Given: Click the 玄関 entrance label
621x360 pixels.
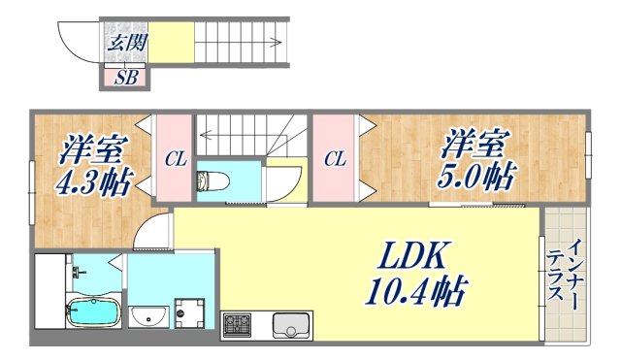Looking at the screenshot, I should coord(121,43).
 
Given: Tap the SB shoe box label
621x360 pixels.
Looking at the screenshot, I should coord(125,79).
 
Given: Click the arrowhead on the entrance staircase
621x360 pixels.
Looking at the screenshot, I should coord(278,43).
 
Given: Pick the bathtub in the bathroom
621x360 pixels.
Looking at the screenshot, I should coord(93,314).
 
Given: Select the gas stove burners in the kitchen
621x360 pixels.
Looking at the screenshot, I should coord(237,326).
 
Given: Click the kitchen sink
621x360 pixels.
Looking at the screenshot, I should coord(290,326).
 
